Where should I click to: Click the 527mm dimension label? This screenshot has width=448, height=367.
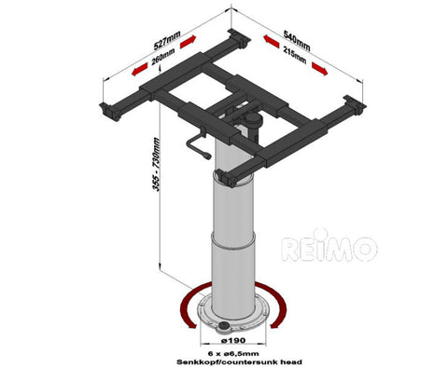coord(167,40)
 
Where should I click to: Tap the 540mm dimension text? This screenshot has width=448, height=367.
coord(297,40)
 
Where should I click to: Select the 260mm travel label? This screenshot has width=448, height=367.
coord(163,57)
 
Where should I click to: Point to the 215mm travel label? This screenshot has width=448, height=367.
coord(295,56)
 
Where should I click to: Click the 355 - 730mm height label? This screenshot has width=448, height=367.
coord(157,164)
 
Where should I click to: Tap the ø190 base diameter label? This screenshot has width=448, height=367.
coord(233,340)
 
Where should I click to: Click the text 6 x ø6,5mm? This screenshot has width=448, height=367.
coord(233,353)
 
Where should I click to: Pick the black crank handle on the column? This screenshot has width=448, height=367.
coord(197,145)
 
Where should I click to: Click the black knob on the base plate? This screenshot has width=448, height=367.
coord(223,325)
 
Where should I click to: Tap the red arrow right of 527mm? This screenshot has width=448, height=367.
coord(189,42)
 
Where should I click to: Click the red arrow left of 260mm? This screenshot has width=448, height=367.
coord(140,69)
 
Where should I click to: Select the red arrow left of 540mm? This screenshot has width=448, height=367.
coord(272,41)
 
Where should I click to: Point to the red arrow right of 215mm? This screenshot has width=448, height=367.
coord(320,69)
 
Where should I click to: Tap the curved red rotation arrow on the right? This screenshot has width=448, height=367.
coord(277,305)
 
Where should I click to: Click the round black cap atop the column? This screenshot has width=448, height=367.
coord(253,118)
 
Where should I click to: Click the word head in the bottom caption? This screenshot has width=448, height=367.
coord(292,362)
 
